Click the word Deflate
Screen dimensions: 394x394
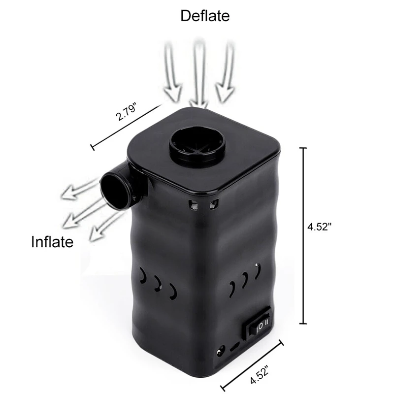click(x=205, y=16)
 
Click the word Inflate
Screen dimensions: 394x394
click(x=52, y=242)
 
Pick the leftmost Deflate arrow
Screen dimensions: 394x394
click(x=172, y=73)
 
